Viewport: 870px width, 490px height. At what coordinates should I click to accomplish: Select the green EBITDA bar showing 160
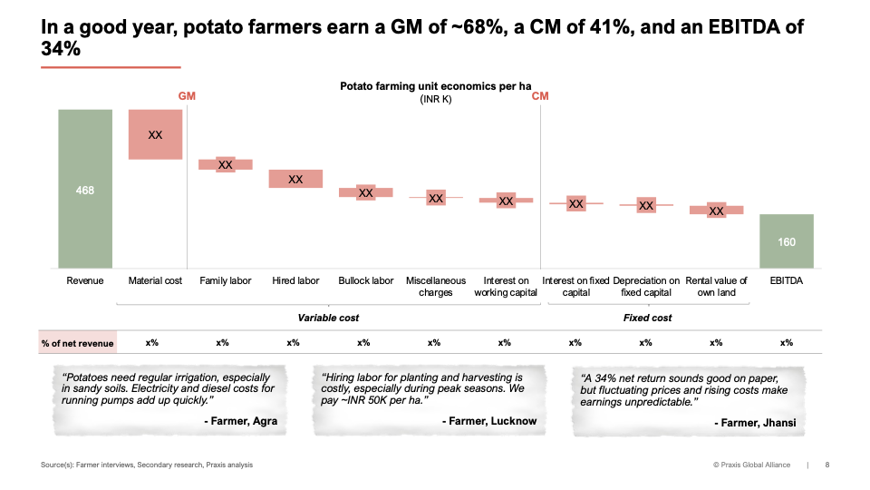coord(786,241)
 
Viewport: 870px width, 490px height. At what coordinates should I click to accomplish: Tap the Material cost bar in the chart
coord(155,134)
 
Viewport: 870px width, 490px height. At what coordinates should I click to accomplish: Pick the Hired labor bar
coord(295,179)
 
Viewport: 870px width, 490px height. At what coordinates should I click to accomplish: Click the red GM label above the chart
coord(187,95)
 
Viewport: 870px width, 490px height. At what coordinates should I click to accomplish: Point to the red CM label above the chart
coord(540,95)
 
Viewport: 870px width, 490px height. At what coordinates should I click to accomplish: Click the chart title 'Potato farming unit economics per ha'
coord(435,87)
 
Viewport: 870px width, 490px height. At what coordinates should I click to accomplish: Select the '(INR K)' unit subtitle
coord(435,100)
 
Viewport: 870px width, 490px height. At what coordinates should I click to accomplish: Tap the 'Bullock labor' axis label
coord(366,281)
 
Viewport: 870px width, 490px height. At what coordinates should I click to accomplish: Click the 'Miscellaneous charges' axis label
coord(436,287)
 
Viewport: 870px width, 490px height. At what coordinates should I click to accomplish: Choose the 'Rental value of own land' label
coord(716,287)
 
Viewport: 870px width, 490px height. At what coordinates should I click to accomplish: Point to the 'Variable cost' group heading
coord(329,318)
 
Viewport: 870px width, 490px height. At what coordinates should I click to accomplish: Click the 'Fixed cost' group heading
coord(648,318)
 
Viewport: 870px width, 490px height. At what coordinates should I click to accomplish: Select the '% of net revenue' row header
coord(78,343)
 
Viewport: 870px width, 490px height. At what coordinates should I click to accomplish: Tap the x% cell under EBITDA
coord(786,343)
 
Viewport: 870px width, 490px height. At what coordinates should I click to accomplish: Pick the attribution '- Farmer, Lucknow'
coord(489,421)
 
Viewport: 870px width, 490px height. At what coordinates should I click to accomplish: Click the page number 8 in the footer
coord(826,465)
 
